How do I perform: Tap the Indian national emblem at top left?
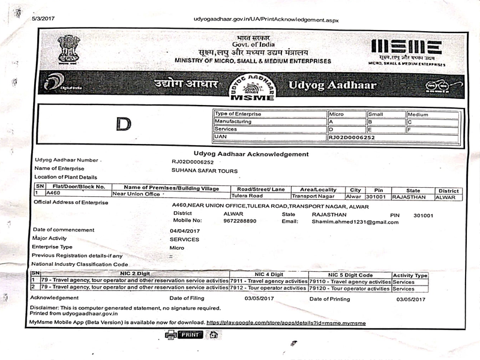pyautogui.click(x=69, y=49)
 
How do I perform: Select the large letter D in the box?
pyautogui.click(x=124, y=124)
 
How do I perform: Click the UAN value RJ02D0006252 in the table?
pyautogui.click(x=352, y=137)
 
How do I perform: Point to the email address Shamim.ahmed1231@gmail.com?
pyautogui.click(x=355, y=221)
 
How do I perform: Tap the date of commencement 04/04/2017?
pyautogui.click(x=185, y=230)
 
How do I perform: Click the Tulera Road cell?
pyautogui.click(x=247, y=196)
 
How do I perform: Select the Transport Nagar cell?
pyautogui.click(x=316, y=196)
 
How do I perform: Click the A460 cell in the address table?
pyautogui.click(x=54, y=194)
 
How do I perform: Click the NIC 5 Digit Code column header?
pyautogui.click(x=350, y=274)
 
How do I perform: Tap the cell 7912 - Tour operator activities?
pyautogui.click(x=268, y=288)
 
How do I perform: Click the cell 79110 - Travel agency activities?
pyautogui.click(x=350, y=281)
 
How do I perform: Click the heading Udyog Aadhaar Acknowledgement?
pyautogui.click(x=251, y=154)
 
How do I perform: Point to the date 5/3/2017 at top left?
pyautogui.click(x=43, y=19)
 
